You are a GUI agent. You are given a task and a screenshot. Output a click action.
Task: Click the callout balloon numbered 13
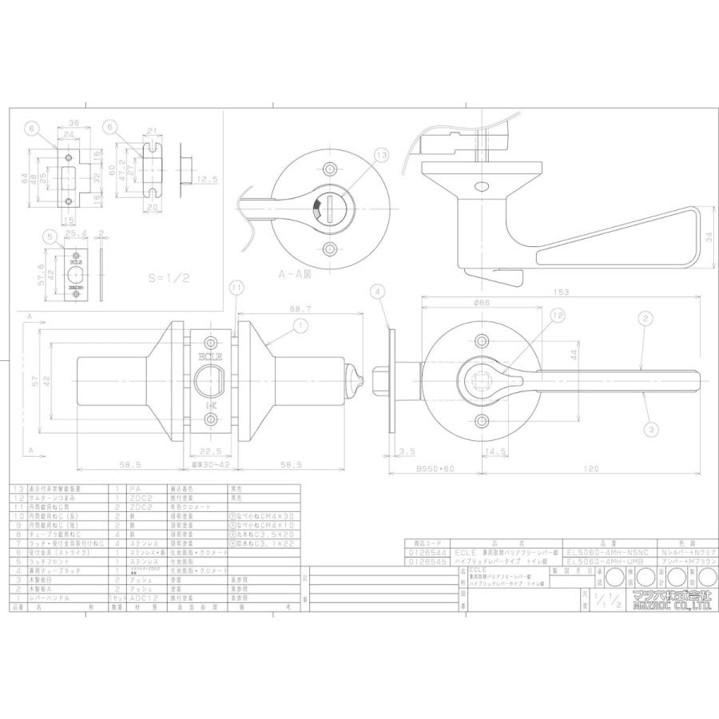pos(379,155)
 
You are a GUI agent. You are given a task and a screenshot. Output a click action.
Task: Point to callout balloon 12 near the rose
pos(558,317)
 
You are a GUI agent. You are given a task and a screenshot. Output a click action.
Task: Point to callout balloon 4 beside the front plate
pos(377,293)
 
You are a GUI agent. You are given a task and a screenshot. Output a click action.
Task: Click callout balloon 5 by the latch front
pos(50,236)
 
